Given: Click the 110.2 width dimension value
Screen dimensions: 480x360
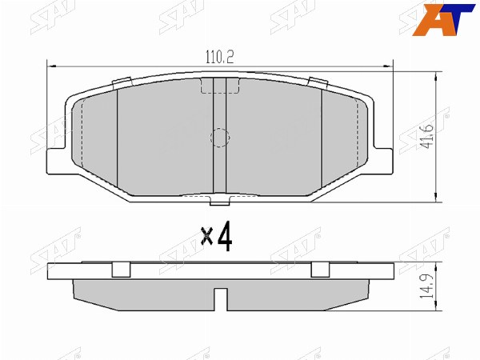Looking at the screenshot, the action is (x=219, y=57).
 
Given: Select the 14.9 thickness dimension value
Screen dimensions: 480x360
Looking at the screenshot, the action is (x=429, y=286).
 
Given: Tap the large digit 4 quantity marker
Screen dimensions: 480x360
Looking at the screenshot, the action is (x=225, y=237).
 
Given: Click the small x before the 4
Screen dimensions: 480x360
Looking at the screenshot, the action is (x=207, y=236).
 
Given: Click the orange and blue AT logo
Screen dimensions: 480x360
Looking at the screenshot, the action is (x=443, y=19).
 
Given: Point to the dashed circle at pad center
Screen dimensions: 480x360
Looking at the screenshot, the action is (x=220, y=137).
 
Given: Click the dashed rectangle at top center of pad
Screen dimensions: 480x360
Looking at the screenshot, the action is (x=219, y=86).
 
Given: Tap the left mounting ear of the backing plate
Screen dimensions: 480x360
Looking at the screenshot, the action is (x=58, y=162).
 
